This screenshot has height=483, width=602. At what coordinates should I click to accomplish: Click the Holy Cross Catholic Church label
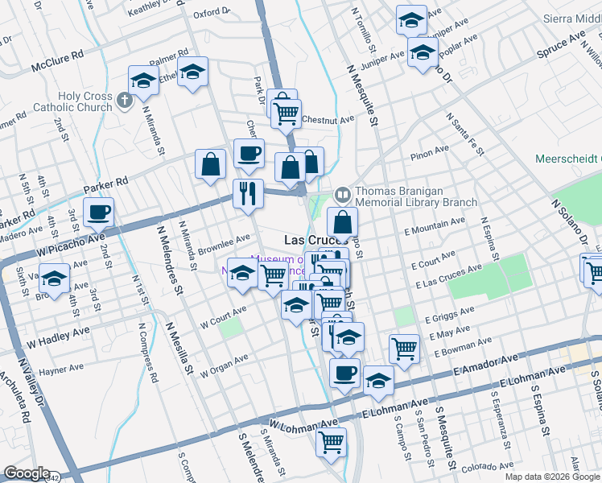85,102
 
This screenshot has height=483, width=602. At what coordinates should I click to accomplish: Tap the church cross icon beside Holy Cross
123,101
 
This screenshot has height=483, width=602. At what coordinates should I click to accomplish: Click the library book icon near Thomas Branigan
342,194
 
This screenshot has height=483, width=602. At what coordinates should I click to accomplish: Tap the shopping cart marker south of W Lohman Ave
331,441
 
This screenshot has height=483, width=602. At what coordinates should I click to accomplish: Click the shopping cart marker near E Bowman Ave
404,349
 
